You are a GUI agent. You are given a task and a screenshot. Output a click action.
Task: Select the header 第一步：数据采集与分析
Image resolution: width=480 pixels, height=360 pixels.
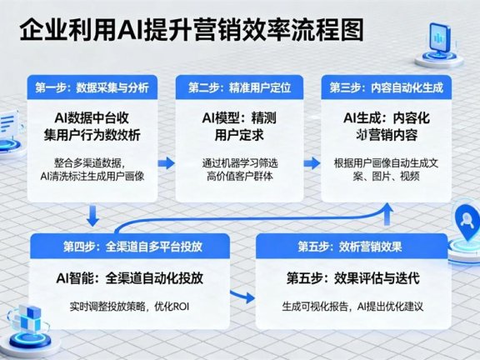(92, 87)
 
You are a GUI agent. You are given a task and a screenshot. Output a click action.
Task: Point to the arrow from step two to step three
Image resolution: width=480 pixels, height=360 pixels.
(312, 161)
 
